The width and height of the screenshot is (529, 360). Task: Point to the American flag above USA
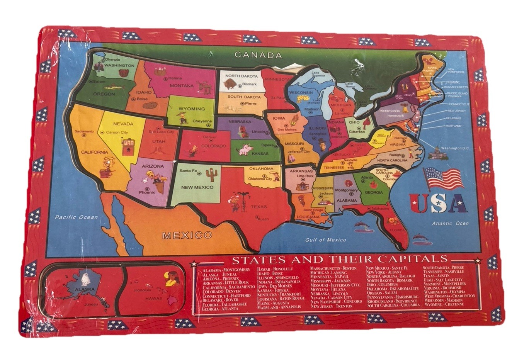click(443, 178)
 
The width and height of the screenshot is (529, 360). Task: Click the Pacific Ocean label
click(76, 217)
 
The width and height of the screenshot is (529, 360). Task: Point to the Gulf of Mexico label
click(325, 240)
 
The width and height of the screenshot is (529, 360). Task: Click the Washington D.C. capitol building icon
click(438, 153)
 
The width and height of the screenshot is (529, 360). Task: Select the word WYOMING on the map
click(191, 109)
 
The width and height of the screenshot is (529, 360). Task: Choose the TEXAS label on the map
click(259, 207)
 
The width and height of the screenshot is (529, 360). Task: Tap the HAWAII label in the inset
click(154, 299)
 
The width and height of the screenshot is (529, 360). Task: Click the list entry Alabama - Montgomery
click(226, 270)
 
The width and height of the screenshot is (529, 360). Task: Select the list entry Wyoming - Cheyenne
click(444, 304)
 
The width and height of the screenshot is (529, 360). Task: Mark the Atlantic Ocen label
click(450, 223)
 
